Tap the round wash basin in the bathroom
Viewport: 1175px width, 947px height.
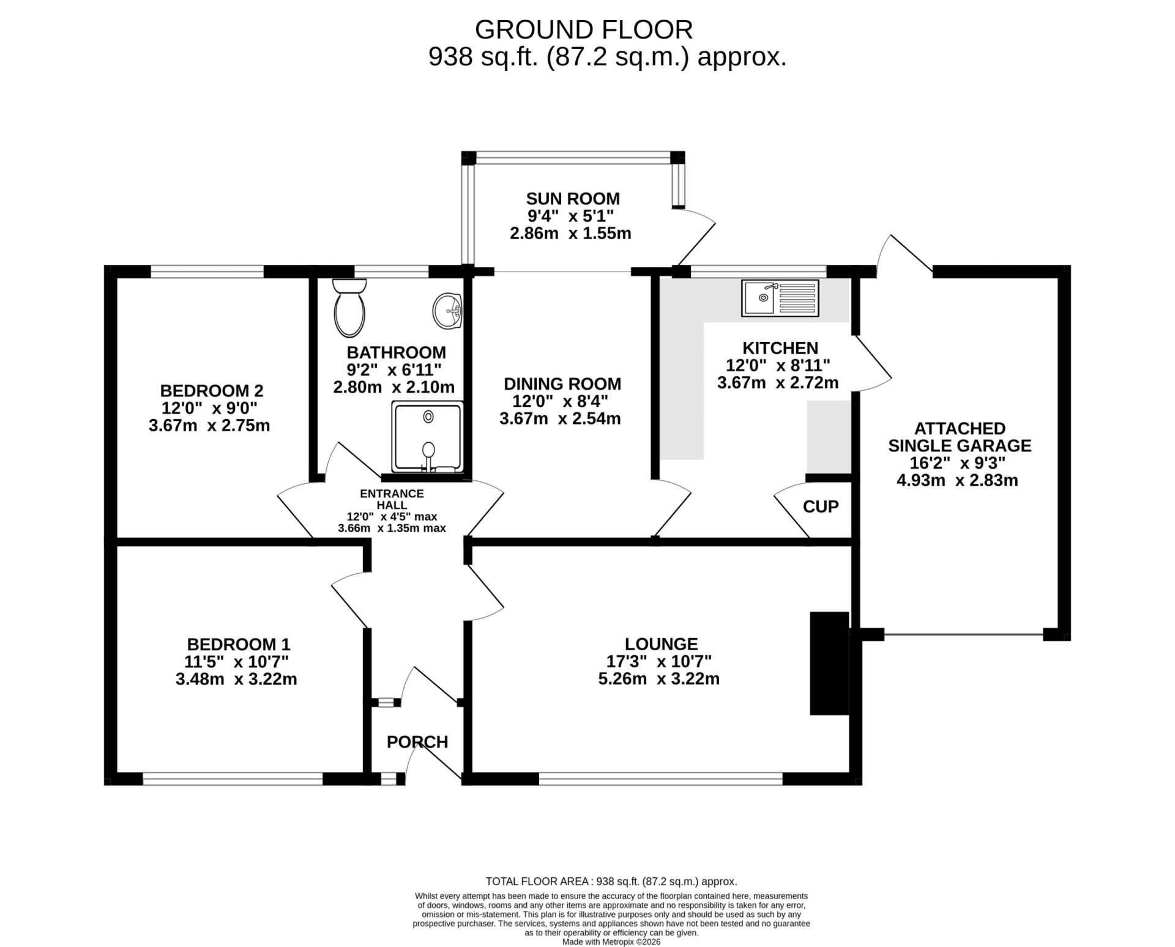448,311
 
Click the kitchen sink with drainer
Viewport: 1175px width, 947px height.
780,298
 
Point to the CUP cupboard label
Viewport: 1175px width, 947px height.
821,507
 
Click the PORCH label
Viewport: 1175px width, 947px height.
417,742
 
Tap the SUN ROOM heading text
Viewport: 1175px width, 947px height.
573,199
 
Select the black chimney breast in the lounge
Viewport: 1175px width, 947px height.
829,663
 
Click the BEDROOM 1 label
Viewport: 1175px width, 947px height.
239,644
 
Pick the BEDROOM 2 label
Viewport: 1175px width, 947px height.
212,390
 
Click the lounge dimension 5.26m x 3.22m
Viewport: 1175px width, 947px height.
659,679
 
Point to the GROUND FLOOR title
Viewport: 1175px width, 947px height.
584,29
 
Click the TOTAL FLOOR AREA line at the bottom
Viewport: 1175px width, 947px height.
611,882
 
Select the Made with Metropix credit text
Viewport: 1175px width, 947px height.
611,942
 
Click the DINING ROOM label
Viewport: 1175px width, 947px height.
562,384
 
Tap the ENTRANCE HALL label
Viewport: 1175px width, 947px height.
392,499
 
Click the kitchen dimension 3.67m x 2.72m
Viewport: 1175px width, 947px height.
778,383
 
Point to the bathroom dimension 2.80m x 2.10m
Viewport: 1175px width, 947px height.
394,387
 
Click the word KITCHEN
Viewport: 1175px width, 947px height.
780,348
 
